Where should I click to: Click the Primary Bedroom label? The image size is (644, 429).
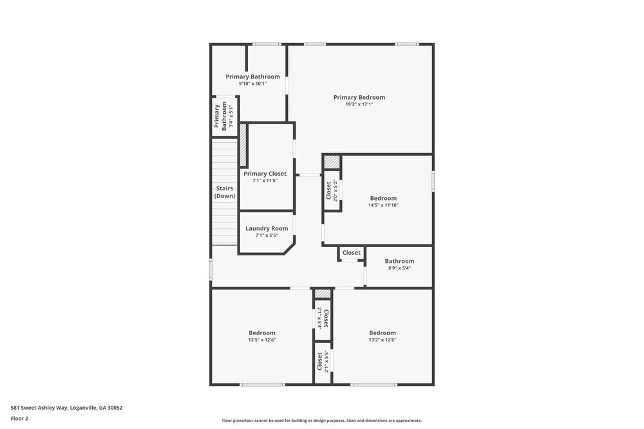[x=359, y=98]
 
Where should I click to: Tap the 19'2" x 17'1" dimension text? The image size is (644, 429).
[x=359, y=105]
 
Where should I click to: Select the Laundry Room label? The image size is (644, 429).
[x=267, y=228]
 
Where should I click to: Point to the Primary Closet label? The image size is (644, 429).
[x=265, y=174]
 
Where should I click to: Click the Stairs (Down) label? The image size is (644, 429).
[x=225, y=192]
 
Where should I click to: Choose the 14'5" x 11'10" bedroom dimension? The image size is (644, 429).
[x=383, y=206]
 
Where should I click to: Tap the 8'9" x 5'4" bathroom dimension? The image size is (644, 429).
[x=399, y=268]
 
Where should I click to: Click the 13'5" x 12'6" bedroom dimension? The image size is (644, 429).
[x=262, y=340]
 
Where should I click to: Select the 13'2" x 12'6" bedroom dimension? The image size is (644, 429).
[x=382, y=340]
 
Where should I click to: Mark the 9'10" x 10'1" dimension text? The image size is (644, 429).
[x=252, y=84]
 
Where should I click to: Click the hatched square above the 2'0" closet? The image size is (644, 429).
[x=332, y=162]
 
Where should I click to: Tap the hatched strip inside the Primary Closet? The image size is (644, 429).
[x=243, y=145]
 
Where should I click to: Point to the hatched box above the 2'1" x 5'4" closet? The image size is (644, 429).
[x=323, y=294]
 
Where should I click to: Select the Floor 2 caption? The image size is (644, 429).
[x=20, y=418]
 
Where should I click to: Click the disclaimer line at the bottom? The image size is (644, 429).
[x=322, y=421]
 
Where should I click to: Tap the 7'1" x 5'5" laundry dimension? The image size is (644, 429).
[x=267, y=235]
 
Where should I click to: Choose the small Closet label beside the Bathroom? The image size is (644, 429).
[x=352, y=253]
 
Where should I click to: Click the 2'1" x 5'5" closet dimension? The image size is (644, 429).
[x=327, y=362]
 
